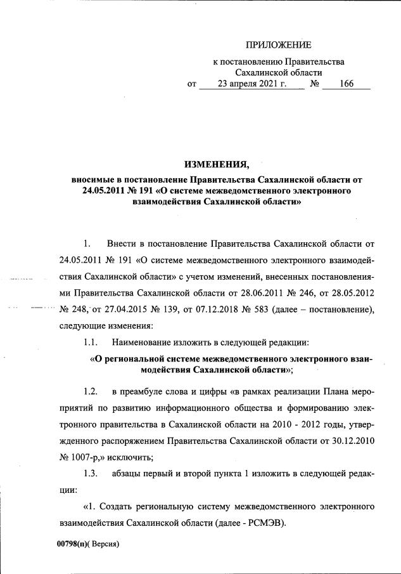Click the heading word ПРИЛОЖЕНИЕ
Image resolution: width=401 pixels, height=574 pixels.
(x=279, y=44)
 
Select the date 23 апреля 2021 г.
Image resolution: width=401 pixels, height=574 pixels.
(x=251, y=84)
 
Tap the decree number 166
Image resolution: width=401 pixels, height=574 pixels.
(x=346, y=84)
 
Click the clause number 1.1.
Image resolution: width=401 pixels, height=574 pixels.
(x=91, y=342)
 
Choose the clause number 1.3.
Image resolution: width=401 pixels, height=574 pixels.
(x=91, y=473)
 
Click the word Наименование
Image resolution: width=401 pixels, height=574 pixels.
(x=143, y=342)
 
